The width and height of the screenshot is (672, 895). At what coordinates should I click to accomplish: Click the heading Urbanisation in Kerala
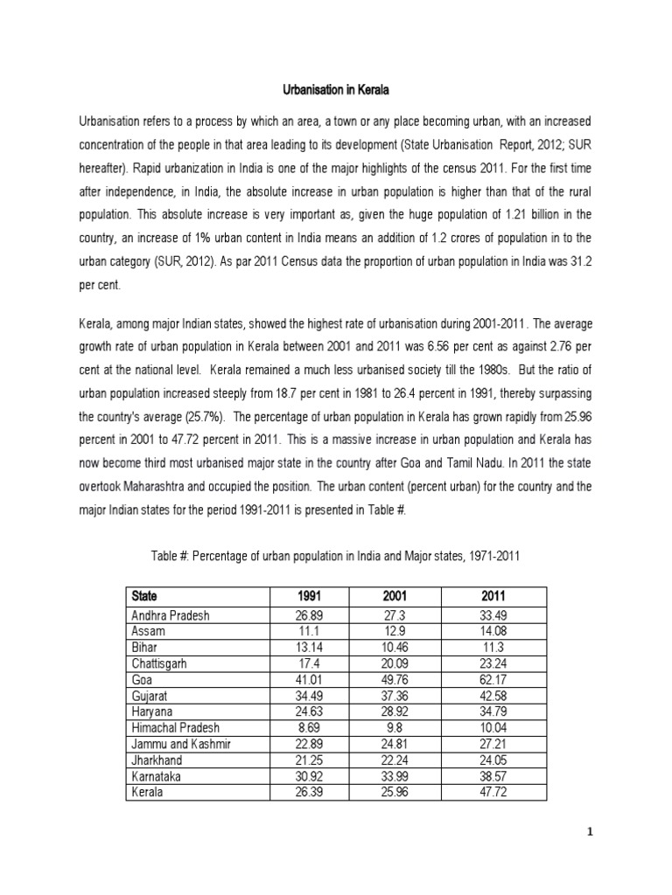point(336,89)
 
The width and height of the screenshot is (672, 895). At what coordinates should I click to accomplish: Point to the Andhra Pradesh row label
point(171,614)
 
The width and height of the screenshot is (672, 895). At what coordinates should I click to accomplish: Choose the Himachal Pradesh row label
point(175,727)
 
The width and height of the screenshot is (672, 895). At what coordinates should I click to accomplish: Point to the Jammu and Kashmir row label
point(180,743)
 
